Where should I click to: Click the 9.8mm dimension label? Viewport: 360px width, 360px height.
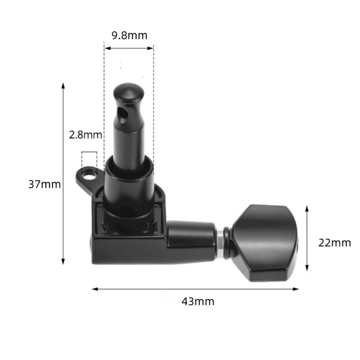[129, 35]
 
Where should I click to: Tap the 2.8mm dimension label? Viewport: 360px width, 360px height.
[86, 135]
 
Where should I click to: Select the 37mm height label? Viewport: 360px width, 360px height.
[45, 184]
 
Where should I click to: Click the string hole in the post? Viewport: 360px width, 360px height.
[123, 115]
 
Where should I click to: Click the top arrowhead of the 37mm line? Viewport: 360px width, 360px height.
[63, 86]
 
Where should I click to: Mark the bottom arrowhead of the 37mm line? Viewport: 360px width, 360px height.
[63, 262]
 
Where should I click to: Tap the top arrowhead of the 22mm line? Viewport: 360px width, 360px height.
[307, 209]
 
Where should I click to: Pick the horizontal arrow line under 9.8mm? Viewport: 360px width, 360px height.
[129, 47]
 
